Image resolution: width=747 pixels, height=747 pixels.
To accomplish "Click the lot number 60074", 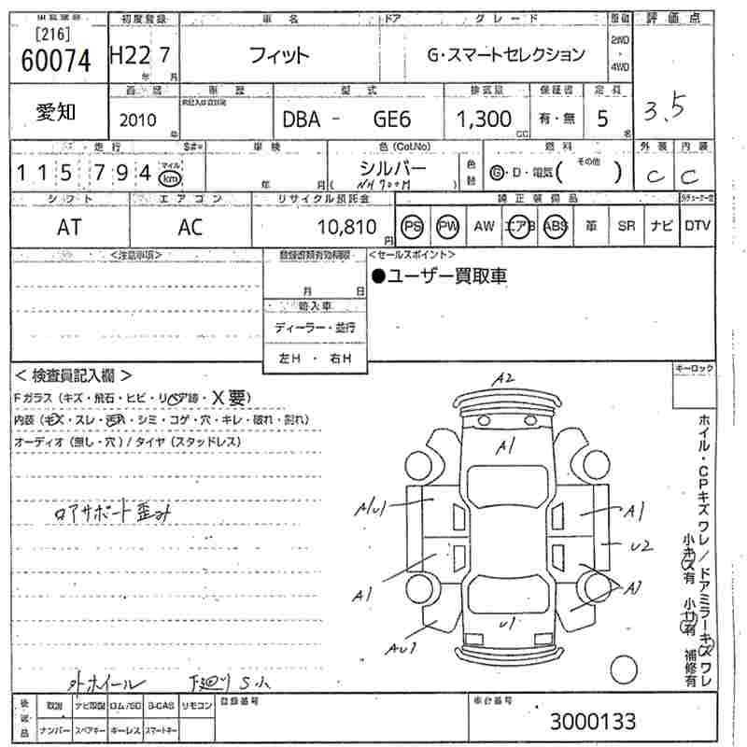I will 55,60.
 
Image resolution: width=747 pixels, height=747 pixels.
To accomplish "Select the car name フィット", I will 278,55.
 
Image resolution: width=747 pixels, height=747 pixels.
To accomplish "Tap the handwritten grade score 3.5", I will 664,111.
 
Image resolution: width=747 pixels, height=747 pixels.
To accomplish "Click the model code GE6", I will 392,119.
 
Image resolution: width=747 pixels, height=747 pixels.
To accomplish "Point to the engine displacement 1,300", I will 484,119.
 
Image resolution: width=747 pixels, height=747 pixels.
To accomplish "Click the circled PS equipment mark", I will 412,226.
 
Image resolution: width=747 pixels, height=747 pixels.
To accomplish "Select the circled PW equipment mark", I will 448,226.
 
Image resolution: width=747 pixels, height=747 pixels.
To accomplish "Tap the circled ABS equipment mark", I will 556,226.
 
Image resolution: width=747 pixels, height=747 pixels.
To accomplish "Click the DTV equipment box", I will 697,226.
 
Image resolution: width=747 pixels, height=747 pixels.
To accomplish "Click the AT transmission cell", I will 69,227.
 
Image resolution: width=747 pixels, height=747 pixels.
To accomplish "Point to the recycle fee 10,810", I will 347,227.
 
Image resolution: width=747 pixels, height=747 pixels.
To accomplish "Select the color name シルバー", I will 392,168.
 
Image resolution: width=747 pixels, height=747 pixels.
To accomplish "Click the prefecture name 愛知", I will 56,112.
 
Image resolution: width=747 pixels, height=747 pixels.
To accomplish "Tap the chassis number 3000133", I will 593,721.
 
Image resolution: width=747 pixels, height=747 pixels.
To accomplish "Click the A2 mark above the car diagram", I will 505,378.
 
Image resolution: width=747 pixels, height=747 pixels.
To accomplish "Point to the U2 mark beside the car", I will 640,545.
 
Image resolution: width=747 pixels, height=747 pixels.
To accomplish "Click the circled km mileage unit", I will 168,177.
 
